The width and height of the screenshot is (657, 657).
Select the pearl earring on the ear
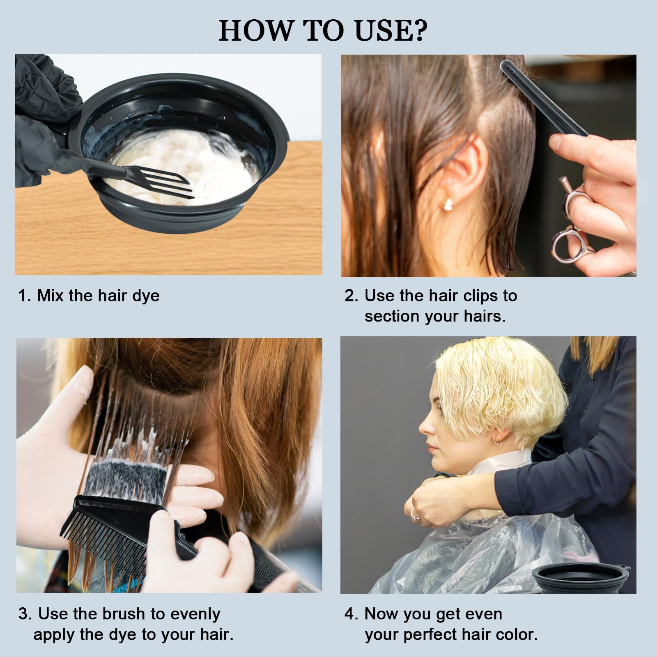(448, 204)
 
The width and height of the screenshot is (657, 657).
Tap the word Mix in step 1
(51, 296)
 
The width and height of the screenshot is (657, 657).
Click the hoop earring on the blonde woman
(497, 444)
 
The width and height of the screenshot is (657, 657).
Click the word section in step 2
(391, 317)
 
